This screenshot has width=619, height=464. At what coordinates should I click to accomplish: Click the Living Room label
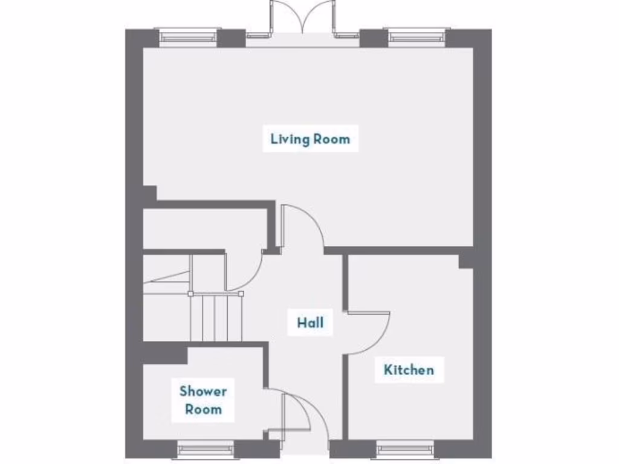point(309,139)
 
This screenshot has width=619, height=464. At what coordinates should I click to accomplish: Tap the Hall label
point(309,323)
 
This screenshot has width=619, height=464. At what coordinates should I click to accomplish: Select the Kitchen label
point(409,369)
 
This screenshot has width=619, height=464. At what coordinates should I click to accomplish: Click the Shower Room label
point(203,400)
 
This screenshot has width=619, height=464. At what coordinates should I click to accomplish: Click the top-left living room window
point(188,37)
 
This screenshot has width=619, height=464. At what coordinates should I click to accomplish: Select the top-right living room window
point(417,37)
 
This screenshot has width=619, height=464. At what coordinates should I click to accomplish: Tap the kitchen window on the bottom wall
point(405,449)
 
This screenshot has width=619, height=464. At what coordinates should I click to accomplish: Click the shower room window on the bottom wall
point(206,449)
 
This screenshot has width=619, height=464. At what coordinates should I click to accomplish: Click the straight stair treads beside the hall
point(216,317)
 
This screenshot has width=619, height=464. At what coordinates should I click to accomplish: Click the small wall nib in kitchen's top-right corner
point(465,261)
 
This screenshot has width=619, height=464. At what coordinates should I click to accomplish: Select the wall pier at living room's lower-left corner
point(149,193)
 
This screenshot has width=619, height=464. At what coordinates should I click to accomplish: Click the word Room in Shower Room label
point(203,410)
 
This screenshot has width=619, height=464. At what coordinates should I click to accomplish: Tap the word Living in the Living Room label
point(289,139)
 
